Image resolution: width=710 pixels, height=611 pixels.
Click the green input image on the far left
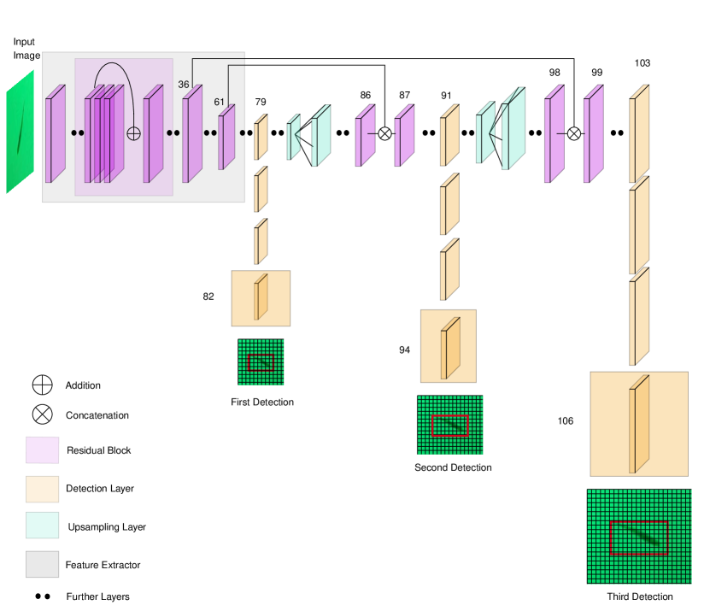pos(20,132)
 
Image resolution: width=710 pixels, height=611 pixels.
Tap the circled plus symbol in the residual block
pos(133,133)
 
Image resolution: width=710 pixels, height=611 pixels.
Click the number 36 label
pos(184,85)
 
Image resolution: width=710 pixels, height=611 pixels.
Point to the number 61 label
pos(220,103)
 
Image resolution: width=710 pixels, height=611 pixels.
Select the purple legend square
pos(42,449)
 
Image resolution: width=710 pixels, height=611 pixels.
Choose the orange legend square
pos(42,489)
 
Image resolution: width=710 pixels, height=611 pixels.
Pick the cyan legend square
pos(42,525)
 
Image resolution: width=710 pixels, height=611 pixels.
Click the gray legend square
pos(42,564)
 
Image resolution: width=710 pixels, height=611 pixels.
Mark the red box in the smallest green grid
pos(261,362)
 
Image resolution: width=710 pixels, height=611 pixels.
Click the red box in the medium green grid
pos(450,426)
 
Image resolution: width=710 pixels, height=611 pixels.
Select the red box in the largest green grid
pos(639,538)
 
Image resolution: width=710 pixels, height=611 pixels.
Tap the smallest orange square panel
pos(261,298)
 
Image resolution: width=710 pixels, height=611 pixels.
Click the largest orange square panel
pos(639,424)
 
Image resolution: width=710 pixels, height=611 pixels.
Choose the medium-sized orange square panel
pos(449,346)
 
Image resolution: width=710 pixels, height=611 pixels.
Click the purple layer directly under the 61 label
pos(226,138)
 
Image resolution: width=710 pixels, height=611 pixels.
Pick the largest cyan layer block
pos(513,130)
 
